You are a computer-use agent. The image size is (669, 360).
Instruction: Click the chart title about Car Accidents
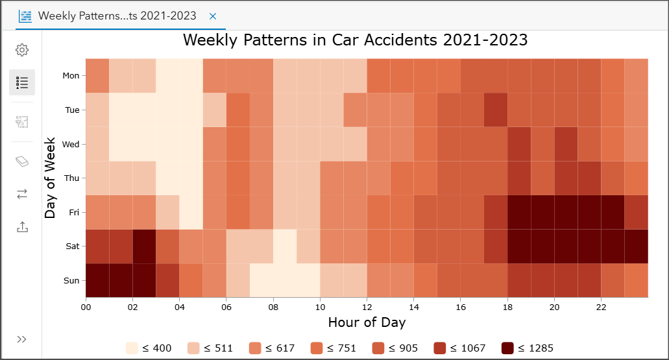pyautogui.click(x=355, y=40)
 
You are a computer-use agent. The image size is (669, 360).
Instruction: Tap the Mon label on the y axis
pyautogui.click(x=71, y=76)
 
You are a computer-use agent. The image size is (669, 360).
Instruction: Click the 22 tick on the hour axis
pyautogui.click(x=601, y=307)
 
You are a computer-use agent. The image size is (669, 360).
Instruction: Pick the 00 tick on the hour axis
pyautogui.click(x=86, y=307)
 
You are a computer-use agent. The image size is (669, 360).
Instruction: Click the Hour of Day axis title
pyautogui.click(x=367, y=322)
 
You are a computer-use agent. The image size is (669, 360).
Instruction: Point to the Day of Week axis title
pyautogui.click(x=51, y=178)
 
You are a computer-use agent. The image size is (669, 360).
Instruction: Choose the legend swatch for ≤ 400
pyautogui.click(x=132, y=348)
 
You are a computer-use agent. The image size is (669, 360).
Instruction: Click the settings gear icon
pyautogui.click(x=22, y=50)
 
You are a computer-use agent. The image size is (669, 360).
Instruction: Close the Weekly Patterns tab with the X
pyautogui.click(x=213, y=16)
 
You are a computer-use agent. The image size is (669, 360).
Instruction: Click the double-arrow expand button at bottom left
pyautogui.click(x=22, y=339)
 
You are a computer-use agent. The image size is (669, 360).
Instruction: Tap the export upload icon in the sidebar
pyautogui.click(x=22, y=227)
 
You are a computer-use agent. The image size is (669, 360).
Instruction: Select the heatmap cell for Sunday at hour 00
pyautogui.click(x=97, y=281)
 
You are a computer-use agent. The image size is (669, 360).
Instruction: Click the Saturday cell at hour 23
pyautogui.click(x=636, y=246)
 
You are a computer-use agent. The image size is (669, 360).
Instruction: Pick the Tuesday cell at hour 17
pyautogui.click(x=496, y=110)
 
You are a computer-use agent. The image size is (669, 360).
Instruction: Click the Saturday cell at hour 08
pyautogui.click(x=285, y=246)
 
